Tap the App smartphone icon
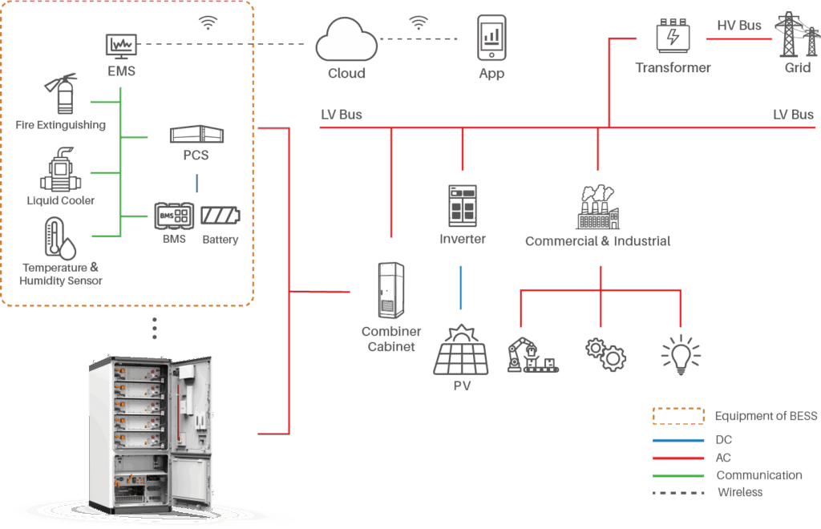tap(491, 37)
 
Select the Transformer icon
tap(673, 37)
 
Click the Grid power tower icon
tap(796, 35)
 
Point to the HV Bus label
tap(738, 26)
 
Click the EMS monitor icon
tap(121, 46)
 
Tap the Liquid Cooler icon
tap(60, 170)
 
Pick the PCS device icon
tap(196, 134)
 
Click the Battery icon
tap(220, 216)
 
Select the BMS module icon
tap(174, 215)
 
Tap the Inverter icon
tap(463, 206)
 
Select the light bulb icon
tap(680, 355)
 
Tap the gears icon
tap(605, 353)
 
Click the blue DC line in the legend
tap(677, 440)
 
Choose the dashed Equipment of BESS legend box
tap(677, 416)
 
